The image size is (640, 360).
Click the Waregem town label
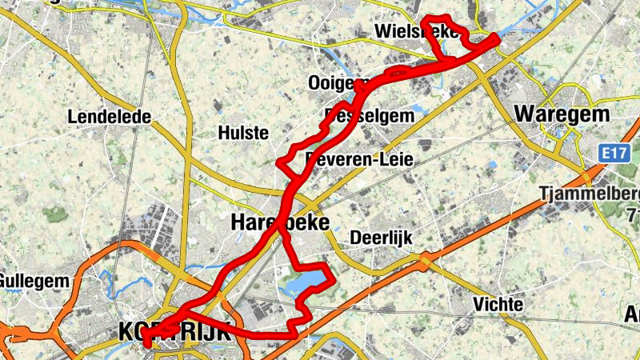point(562,113)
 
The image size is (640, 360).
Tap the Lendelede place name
point(110,117)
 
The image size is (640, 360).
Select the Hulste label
point(243,133)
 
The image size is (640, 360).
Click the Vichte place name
point(498,305)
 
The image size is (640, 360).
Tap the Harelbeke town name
point(280,222)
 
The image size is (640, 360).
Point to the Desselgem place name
point(370,116)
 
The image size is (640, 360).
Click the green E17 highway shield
point(614,150)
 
